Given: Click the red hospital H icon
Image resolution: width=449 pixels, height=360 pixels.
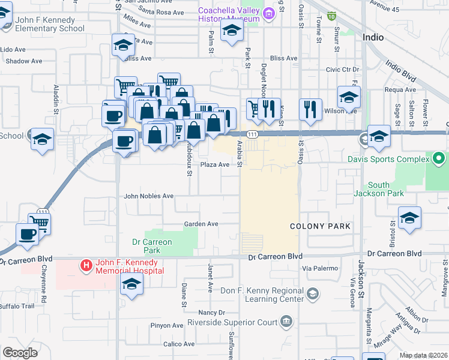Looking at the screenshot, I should point(86,265).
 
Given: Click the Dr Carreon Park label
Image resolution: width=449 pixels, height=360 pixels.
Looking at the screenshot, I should point(152,246).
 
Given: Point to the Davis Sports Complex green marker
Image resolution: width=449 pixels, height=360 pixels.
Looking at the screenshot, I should point(438,159).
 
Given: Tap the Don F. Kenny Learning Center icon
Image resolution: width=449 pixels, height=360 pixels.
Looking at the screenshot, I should point(312,293).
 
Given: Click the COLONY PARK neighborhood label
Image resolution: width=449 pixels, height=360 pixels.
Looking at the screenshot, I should point(320,227).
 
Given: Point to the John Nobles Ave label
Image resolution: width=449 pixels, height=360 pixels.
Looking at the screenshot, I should point(148,196).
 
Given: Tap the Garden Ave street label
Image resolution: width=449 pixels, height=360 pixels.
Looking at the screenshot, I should point(201,224).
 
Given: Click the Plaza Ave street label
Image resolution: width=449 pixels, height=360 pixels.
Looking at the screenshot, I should point(215,164).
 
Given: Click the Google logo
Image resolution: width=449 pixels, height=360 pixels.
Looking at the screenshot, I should point(19,353).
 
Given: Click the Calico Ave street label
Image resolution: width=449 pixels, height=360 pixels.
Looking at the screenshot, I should point(179,344).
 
